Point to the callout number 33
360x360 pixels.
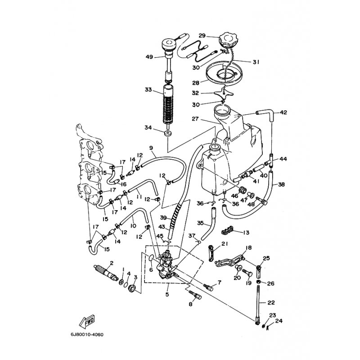click(x=148, y=90)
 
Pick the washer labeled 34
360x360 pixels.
click(x=168, y=134)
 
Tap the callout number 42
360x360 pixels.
click(x=283, y=112)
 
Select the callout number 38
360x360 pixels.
click(x=281, y=184)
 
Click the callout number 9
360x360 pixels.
click(x=151, y=148)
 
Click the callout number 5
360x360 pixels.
click(x=167, y=295)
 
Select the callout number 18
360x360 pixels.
click(x=248, y=247)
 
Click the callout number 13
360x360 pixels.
click(x=246, y=233)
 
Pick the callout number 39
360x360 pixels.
click(x=163, y=218)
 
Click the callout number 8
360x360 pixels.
click(x=190, y=304)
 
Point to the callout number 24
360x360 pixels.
click(x=279, y=321)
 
